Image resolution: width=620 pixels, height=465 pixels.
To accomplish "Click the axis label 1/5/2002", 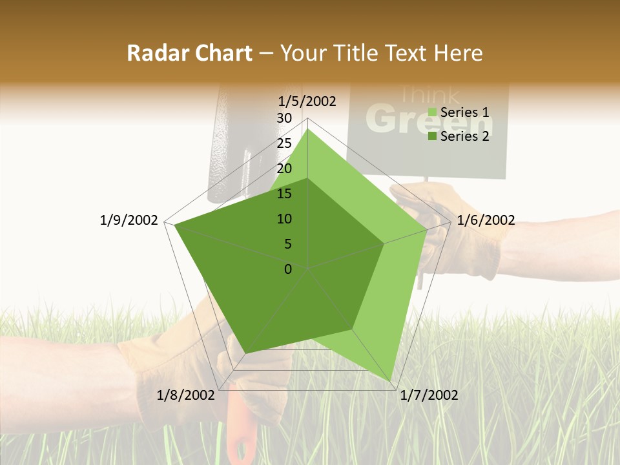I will pyautogui.click(x=307, y=101).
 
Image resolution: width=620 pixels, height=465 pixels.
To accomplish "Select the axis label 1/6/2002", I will pyautogui.click(x=486, y=220).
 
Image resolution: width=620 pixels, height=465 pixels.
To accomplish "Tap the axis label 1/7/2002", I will pyautogui.click(x=429, y=395).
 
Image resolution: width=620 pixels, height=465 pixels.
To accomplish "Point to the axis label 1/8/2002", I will pyautogui.click(x=187, y=395).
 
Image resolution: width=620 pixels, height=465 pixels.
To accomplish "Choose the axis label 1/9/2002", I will pyautogui.click(x=129, y=220).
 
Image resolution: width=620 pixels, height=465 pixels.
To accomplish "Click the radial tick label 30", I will pyautogui.click(x=284, y=118).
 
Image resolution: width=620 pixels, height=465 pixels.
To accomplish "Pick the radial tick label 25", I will pyautogui.click(x=284, y=143).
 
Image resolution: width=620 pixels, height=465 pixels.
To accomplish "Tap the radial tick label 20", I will pyautogui.click(x=284, y=169).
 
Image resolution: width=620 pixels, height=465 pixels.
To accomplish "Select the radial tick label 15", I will pyautogui.click(x=284, y=194).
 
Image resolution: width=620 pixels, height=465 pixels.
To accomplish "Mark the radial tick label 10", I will pyautogui.click(x=284, y=219).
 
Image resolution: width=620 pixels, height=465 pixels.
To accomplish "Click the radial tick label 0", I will pyautogui.click(x=288, y=269).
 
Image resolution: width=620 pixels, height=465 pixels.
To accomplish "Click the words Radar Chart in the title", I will pyautogui.click(x=189, y=53).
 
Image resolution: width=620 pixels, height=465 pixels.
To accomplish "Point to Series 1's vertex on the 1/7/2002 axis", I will pyautogui.click(x=391, y=381).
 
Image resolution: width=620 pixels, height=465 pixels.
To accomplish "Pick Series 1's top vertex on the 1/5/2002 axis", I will pyautogui.click(x=308, y=129).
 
